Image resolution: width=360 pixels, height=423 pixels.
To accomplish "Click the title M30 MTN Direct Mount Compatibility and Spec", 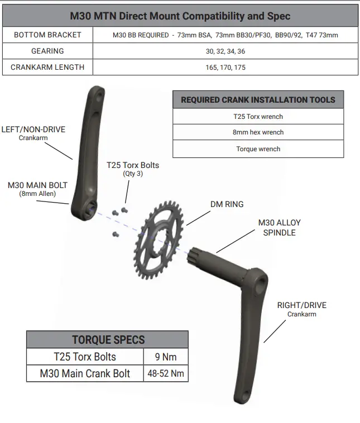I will coord(180,16).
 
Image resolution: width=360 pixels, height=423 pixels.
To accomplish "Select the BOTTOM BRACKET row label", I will coord(47,35).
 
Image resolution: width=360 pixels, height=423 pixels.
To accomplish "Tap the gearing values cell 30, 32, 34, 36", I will coord(225,51).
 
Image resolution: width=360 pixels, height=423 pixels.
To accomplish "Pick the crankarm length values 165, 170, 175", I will coord(225,67).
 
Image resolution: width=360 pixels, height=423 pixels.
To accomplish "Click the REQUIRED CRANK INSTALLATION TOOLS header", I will coord(258,100).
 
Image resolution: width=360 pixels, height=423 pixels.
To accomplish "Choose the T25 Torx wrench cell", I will coord(258,117).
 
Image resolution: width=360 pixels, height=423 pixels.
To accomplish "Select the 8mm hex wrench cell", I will coord(258,132).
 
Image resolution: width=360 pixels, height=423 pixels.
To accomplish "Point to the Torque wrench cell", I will coord(258,149).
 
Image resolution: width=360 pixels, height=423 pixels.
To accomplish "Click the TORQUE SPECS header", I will coord(108,339).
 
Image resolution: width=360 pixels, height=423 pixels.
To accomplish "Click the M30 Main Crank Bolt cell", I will coord(84,373).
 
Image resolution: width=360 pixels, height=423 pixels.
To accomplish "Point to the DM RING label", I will coord(227,204).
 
